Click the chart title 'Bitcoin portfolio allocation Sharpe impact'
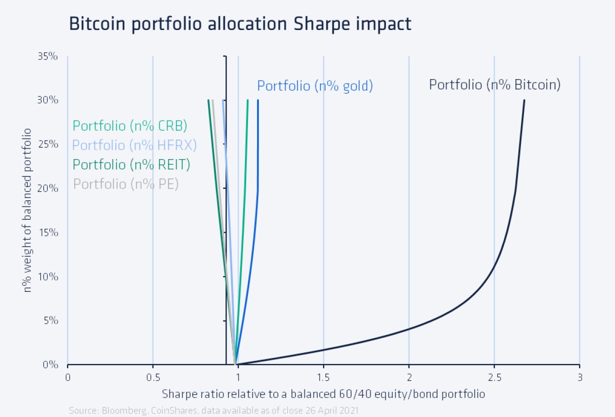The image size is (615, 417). click(240, 24)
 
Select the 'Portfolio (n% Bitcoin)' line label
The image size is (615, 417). click(494, 85)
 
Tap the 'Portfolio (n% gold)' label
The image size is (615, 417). click(315, 86)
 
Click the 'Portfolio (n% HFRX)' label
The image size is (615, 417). click(134, 145)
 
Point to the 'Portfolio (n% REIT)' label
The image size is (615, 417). click(131, 164)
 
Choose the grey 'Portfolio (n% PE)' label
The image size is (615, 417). click(126, 184)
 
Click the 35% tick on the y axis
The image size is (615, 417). click(48, 56)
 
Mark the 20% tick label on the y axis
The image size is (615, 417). click(48, 188)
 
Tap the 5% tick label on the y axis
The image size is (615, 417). click(50, 320)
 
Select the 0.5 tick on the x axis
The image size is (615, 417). click(153, 376)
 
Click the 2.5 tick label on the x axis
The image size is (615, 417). click(494, 376)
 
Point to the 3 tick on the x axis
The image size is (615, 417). click(579, 376)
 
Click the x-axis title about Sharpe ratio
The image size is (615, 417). click(323, 393)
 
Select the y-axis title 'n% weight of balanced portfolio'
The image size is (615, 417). click(28, 210)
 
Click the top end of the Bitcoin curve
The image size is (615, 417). click(524, 101)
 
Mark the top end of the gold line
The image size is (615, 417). click(258, 101)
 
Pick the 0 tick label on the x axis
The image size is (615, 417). click(67, 376)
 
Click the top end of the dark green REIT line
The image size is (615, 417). click(208, 101)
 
